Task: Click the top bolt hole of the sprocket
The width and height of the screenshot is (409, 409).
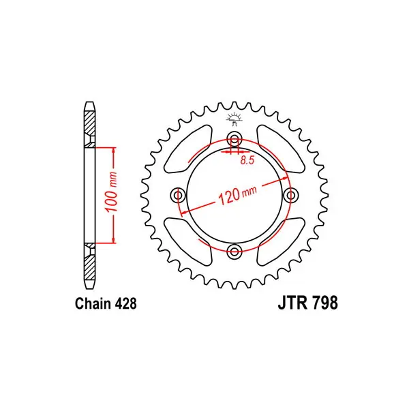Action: [x=234, y=140]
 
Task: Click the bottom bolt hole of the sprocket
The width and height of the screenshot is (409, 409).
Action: [x=234, y=252]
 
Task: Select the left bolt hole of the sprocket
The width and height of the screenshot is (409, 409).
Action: [x=178, y=195]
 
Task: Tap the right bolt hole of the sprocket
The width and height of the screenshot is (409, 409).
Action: [x=290, y=195]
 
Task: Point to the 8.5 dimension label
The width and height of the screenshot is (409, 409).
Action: [x=247, y=160]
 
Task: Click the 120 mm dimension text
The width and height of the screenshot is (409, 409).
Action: [x=237, y=195]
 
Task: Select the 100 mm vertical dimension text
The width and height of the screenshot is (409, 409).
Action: [x=111, y=192]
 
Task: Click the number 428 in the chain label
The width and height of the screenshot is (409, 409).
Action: [x=125, y=303]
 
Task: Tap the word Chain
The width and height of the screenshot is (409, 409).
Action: [x=93, y=303]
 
